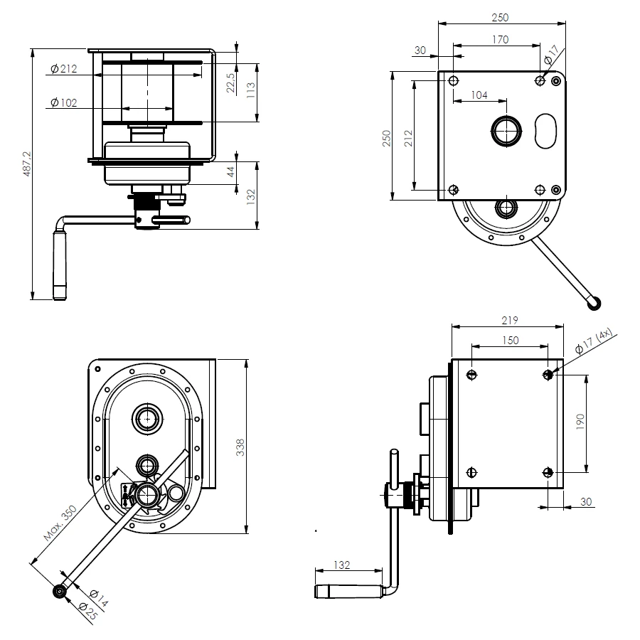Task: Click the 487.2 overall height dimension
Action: coord(27,164)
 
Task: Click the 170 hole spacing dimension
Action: coord(500,40)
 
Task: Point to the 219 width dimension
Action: coord(509,320)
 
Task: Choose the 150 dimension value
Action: coord(510,341)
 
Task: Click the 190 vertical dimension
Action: coord(581,422)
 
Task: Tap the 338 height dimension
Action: coord(240,447)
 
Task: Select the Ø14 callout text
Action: coord(100,596)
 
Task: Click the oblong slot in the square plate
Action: coord(545,131)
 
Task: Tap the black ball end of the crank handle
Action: coord(592,304)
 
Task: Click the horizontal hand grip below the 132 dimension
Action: coord(349,590)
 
